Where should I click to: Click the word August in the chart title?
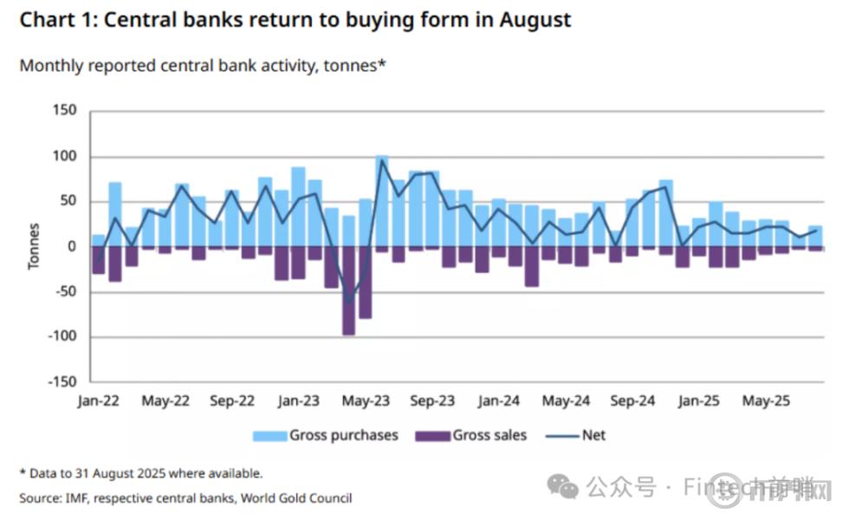[x=535, y=20]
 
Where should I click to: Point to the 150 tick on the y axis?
[x=65, y=111]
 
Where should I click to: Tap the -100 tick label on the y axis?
[x=61, y=336]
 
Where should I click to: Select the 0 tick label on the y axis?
[x=72, y=246]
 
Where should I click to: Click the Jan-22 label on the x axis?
[x=98, y=401]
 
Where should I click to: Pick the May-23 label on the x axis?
[x=366, y=401]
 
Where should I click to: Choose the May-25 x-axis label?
[x=766, y=401]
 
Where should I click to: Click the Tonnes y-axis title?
[x=34, y=246]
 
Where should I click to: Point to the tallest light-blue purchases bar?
[x=381, y=199]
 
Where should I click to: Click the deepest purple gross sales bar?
[x=348, y=290]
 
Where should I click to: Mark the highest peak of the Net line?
[x=382, y=160]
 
